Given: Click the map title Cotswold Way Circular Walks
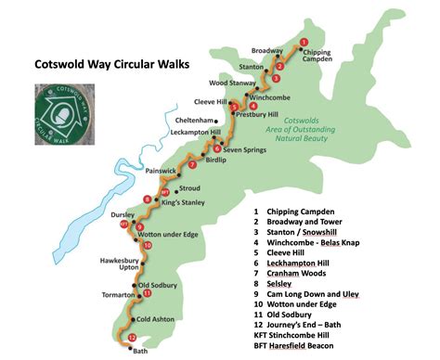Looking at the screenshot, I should click(110, 66).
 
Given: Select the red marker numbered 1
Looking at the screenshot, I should click(303, 42).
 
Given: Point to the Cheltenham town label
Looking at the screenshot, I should click(195, 121).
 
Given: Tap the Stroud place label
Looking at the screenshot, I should click(189, 188).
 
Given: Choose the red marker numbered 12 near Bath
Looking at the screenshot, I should click(132, 338).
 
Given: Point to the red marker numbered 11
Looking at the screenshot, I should click(147, 293).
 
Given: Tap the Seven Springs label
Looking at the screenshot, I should click(244, 149).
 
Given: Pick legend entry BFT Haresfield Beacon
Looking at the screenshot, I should click(306, 344).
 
